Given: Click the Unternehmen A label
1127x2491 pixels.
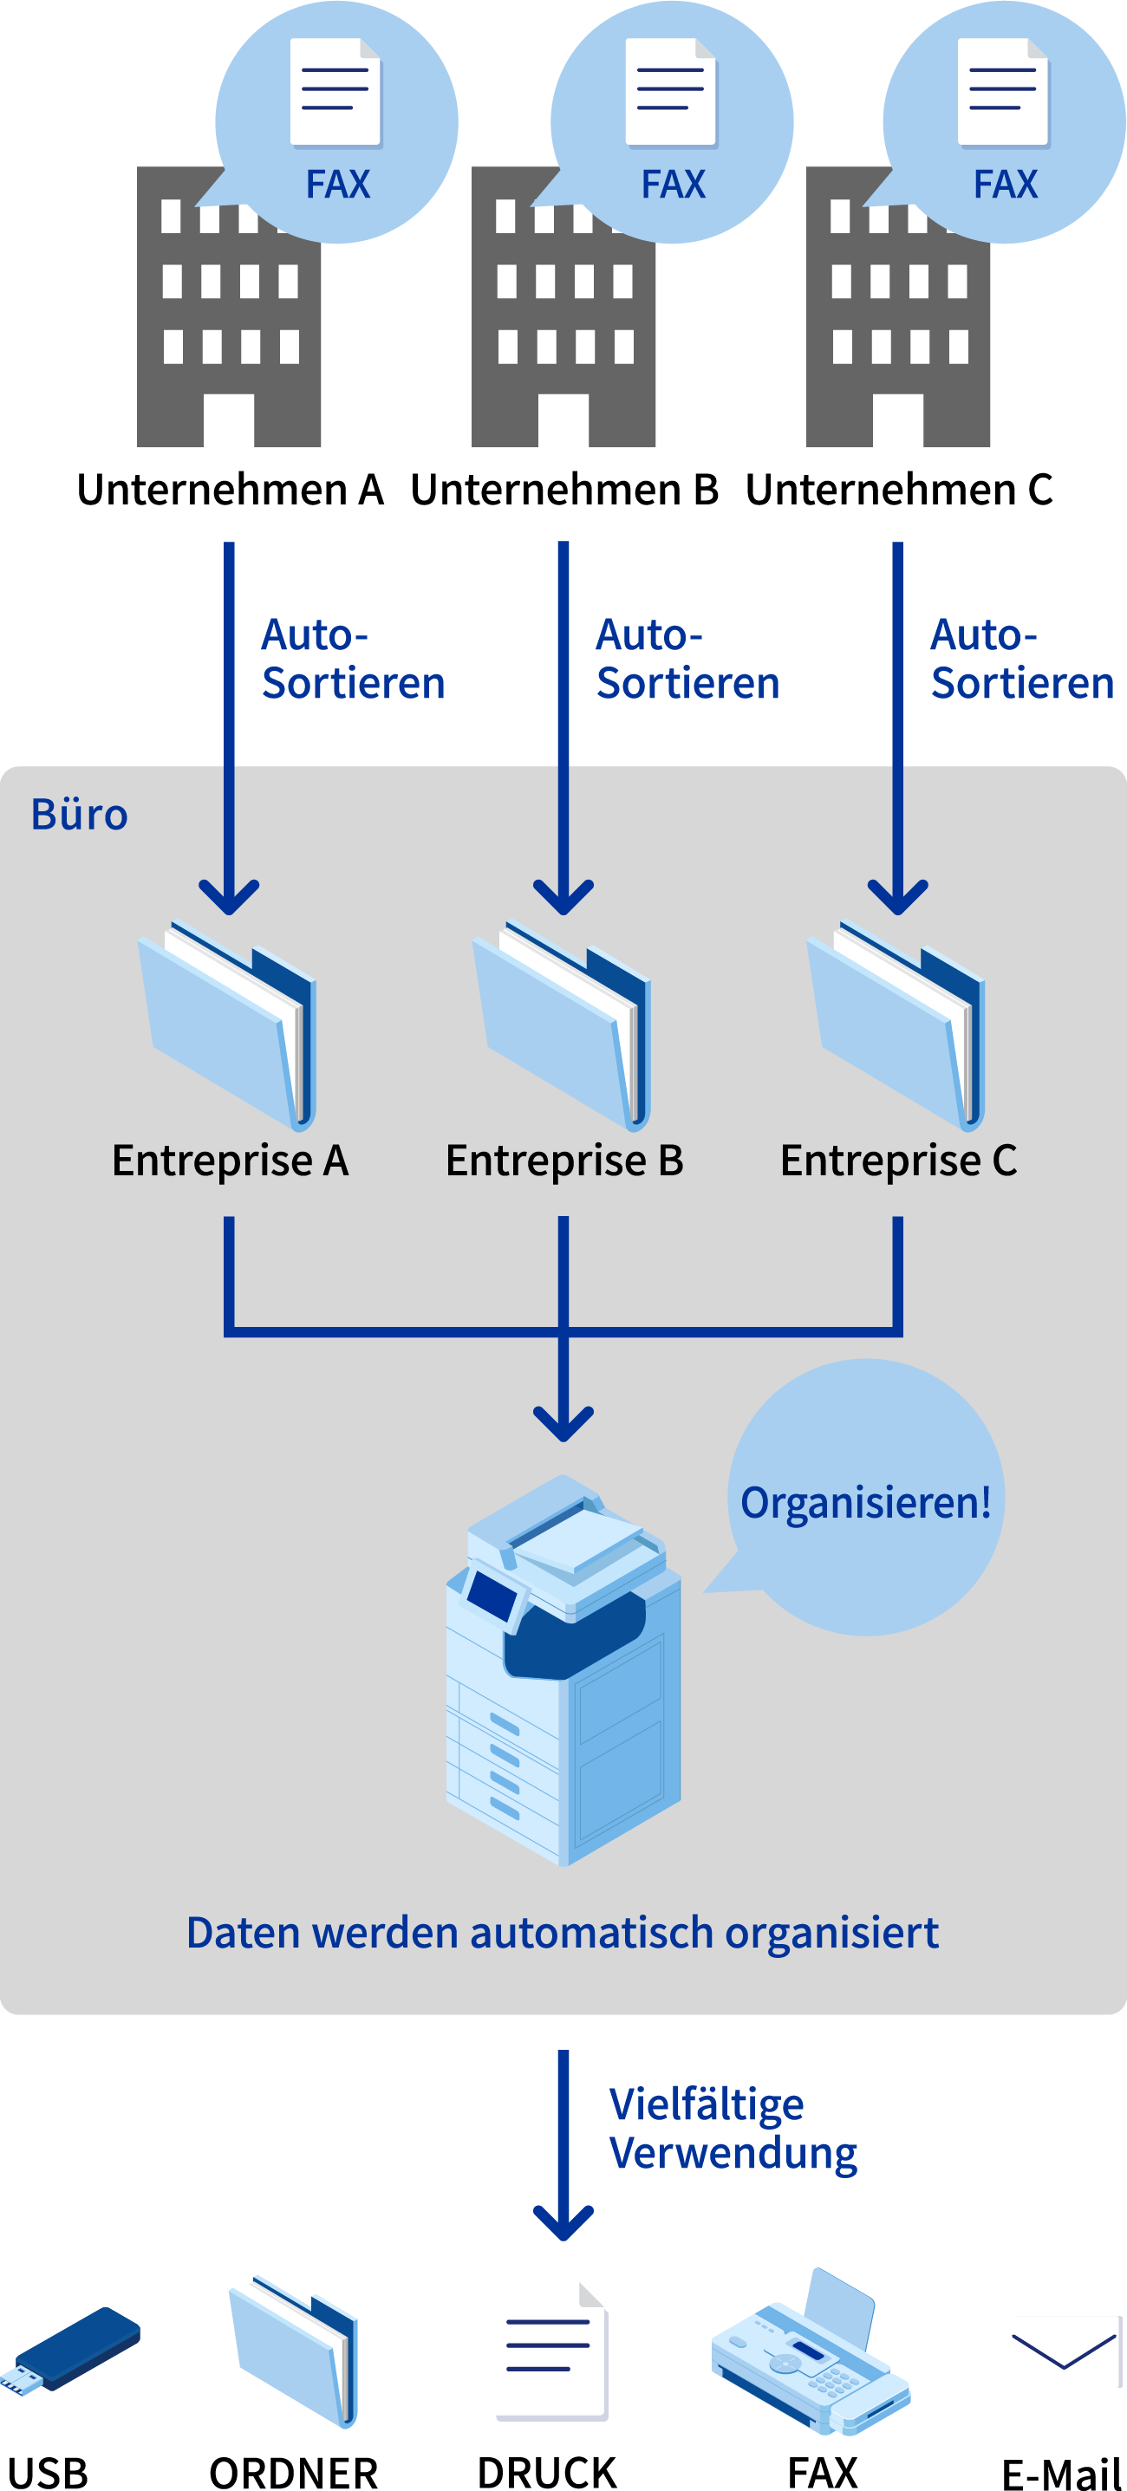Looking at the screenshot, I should coord(231,490).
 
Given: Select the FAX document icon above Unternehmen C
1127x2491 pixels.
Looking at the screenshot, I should coord(1003,92).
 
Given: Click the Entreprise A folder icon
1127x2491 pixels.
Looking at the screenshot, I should coord(229,1025).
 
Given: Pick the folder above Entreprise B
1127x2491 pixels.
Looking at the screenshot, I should coord(563,1025).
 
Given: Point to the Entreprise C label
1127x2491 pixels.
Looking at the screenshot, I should coord(898,1161).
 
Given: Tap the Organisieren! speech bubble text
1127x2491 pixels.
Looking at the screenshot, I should coord(865,1503).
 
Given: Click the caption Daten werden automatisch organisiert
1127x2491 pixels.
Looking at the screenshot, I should coord(562,1932).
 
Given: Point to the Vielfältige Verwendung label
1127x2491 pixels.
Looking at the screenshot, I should coord(733,2128).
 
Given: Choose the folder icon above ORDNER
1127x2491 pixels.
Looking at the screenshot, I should coord(294,2350).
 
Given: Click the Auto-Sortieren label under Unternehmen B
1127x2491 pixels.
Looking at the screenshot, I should coord(687,660).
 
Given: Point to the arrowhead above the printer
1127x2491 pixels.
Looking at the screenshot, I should coord(563,1423).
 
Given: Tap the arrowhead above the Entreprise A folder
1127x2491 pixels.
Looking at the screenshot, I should coord(229,896).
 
